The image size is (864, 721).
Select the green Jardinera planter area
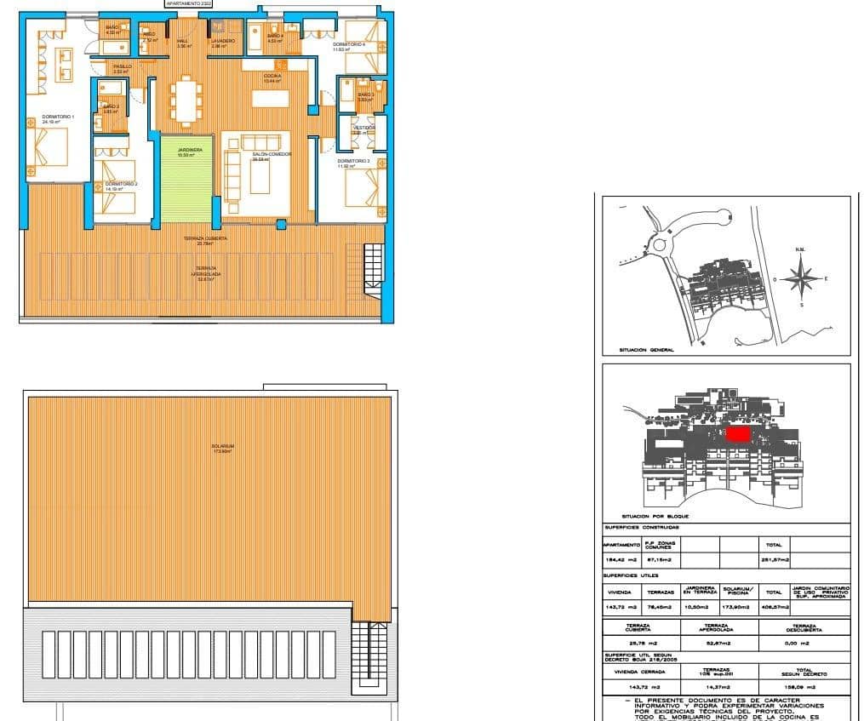pos(185,179)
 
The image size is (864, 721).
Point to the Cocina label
pos(272,77)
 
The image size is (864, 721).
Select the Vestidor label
pos(363,129)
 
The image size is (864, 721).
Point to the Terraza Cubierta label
pos(205,240)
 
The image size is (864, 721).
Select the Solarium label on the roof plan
pos(224,447)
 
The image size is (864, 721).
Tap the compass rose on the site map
pos(801,278)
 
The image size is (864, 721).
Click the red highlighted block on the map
pos(737,434)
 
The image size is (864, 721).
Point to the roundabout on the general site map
pos(662,243)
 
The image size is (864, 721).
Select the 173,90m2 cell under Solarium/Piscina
pos(737,608)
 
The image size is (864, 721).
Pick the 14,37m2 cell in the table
pos(719,686)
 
